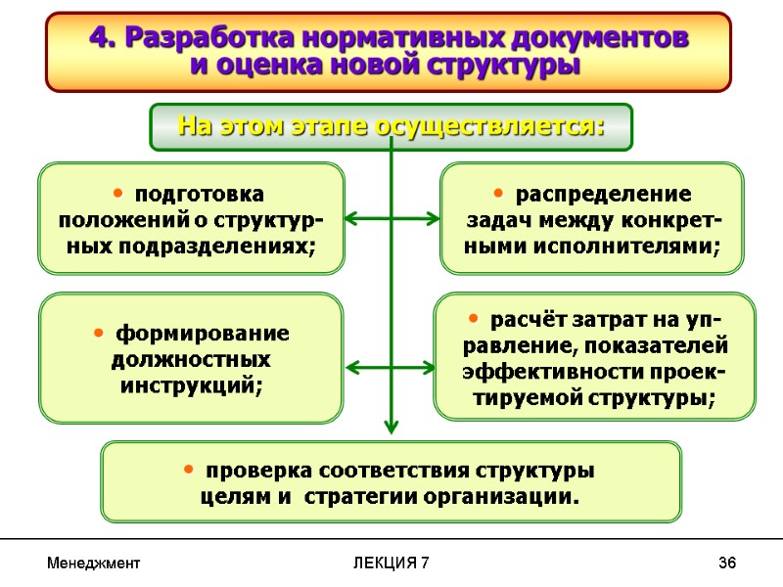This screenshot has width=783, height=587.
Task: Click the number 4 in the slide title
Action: pos(98,37)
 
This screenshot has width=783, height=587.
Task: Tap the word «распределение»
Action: pos(603,194)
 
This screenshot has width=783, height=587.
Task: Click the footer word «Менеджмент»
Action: pos(93,564)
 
